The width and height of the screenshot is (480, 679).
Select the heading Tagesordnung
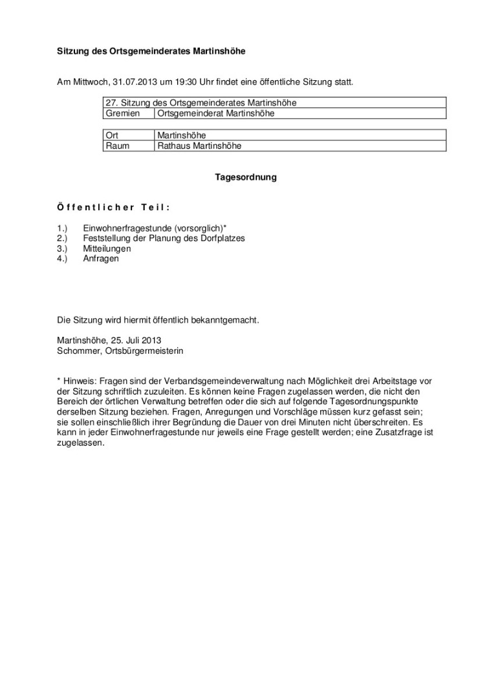(246, 177)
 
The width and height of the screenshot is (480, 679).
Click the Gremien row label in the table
(122, 113)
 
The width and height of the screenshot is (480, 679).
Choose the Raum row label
(117, 146)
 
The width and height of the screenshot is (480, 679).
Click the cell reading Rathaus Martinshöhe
(199, 146)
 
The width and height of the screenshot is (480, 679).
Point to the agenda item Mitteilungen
(107, 248)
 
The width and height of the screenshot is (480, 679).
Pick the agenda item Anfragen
(101, 258)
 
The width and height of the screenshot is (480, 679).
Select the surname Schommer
(76, 350)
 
